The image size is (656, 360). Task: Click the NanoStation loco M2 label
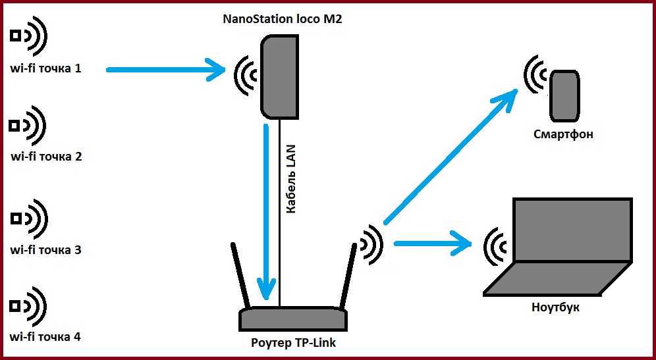pyautogui.click(x=283, y=19)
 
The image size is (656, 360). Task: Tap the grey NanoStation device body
pyautogui.click(x=279, y=77)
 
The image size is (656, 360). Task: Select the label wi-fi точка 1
pyautogui.click(x=45, y=68)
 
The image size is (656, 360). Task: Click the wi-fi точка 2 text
pyautogui.click(x=47, y=157)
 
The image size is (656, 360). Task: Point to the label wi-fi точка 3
pyautogui.click(x=45, y=250)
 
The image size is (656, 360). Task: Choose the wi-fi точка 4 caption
pyautogui.click(x=45, y=336)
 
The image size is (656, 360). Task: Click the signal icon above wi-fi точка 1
pyautogui.click(x=28, y=37)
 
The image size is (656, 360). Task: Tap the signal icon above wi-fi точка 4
pyautogui.click(x=28, y=307)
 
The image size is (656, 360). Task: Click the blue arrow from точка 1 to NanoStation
pyautogui.click(x=166, y=70)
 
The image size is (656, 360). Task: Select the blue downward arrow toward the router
pyautogui.click(x=266, y=211)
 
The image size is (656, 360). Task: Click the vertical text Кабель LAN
pyautogui.click(x=291, y=179)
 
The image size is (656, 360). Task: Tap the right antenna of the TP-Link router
pyautogui.click(x=347, y=276)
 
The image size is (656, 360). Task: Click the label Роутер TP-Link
pyautogui.click(x=294, y=343)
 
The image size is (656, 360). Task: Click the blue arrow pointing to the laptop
pyautogui.click(x=433, y=243)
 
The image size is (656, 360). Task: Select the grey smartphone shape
pyautogui.click(x=564, y=95)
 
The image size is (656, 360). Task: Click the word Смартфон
pyautogui.click(x=563, y=135)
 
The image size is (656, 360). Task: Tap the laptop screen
pyautogui.click(x=572, y=230)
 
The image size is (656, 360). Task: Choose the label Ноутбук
pyautogui.click(x=556, y=307)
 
